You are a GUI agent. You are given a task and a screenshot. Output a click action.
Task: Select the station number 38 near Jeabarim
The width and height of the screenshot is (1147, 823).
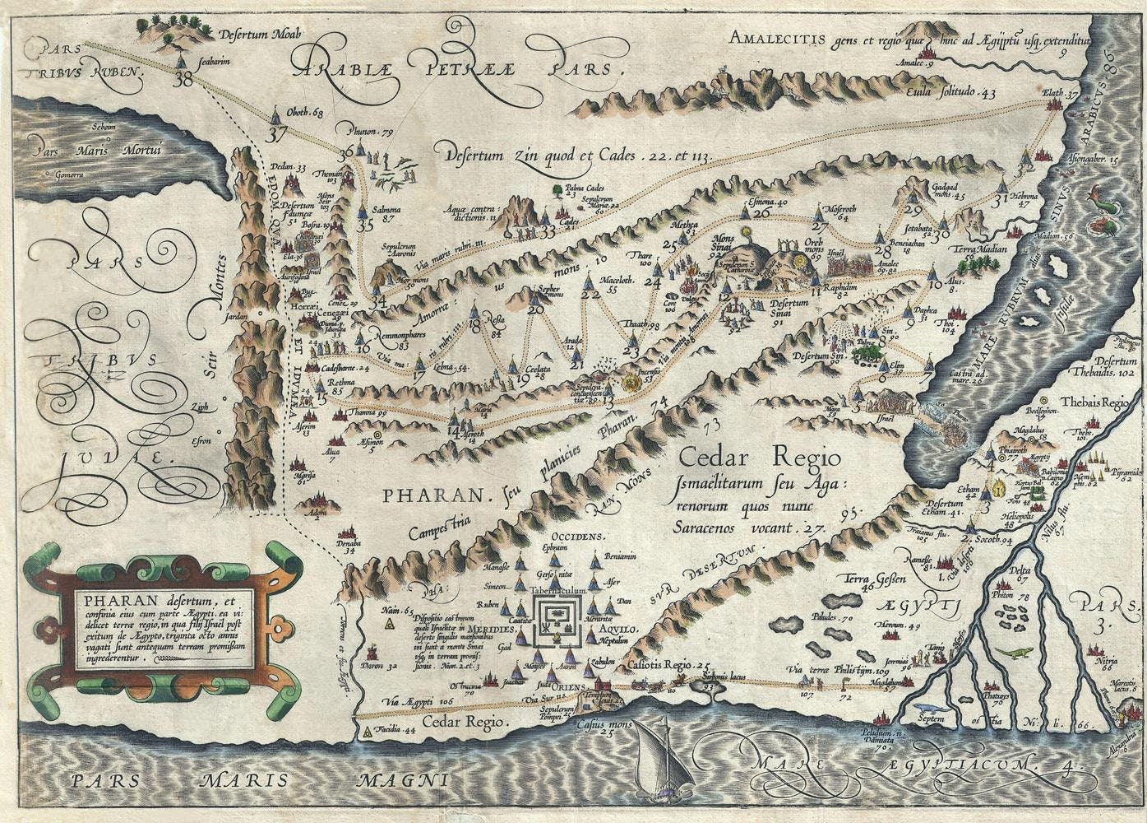pos(183,79)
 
